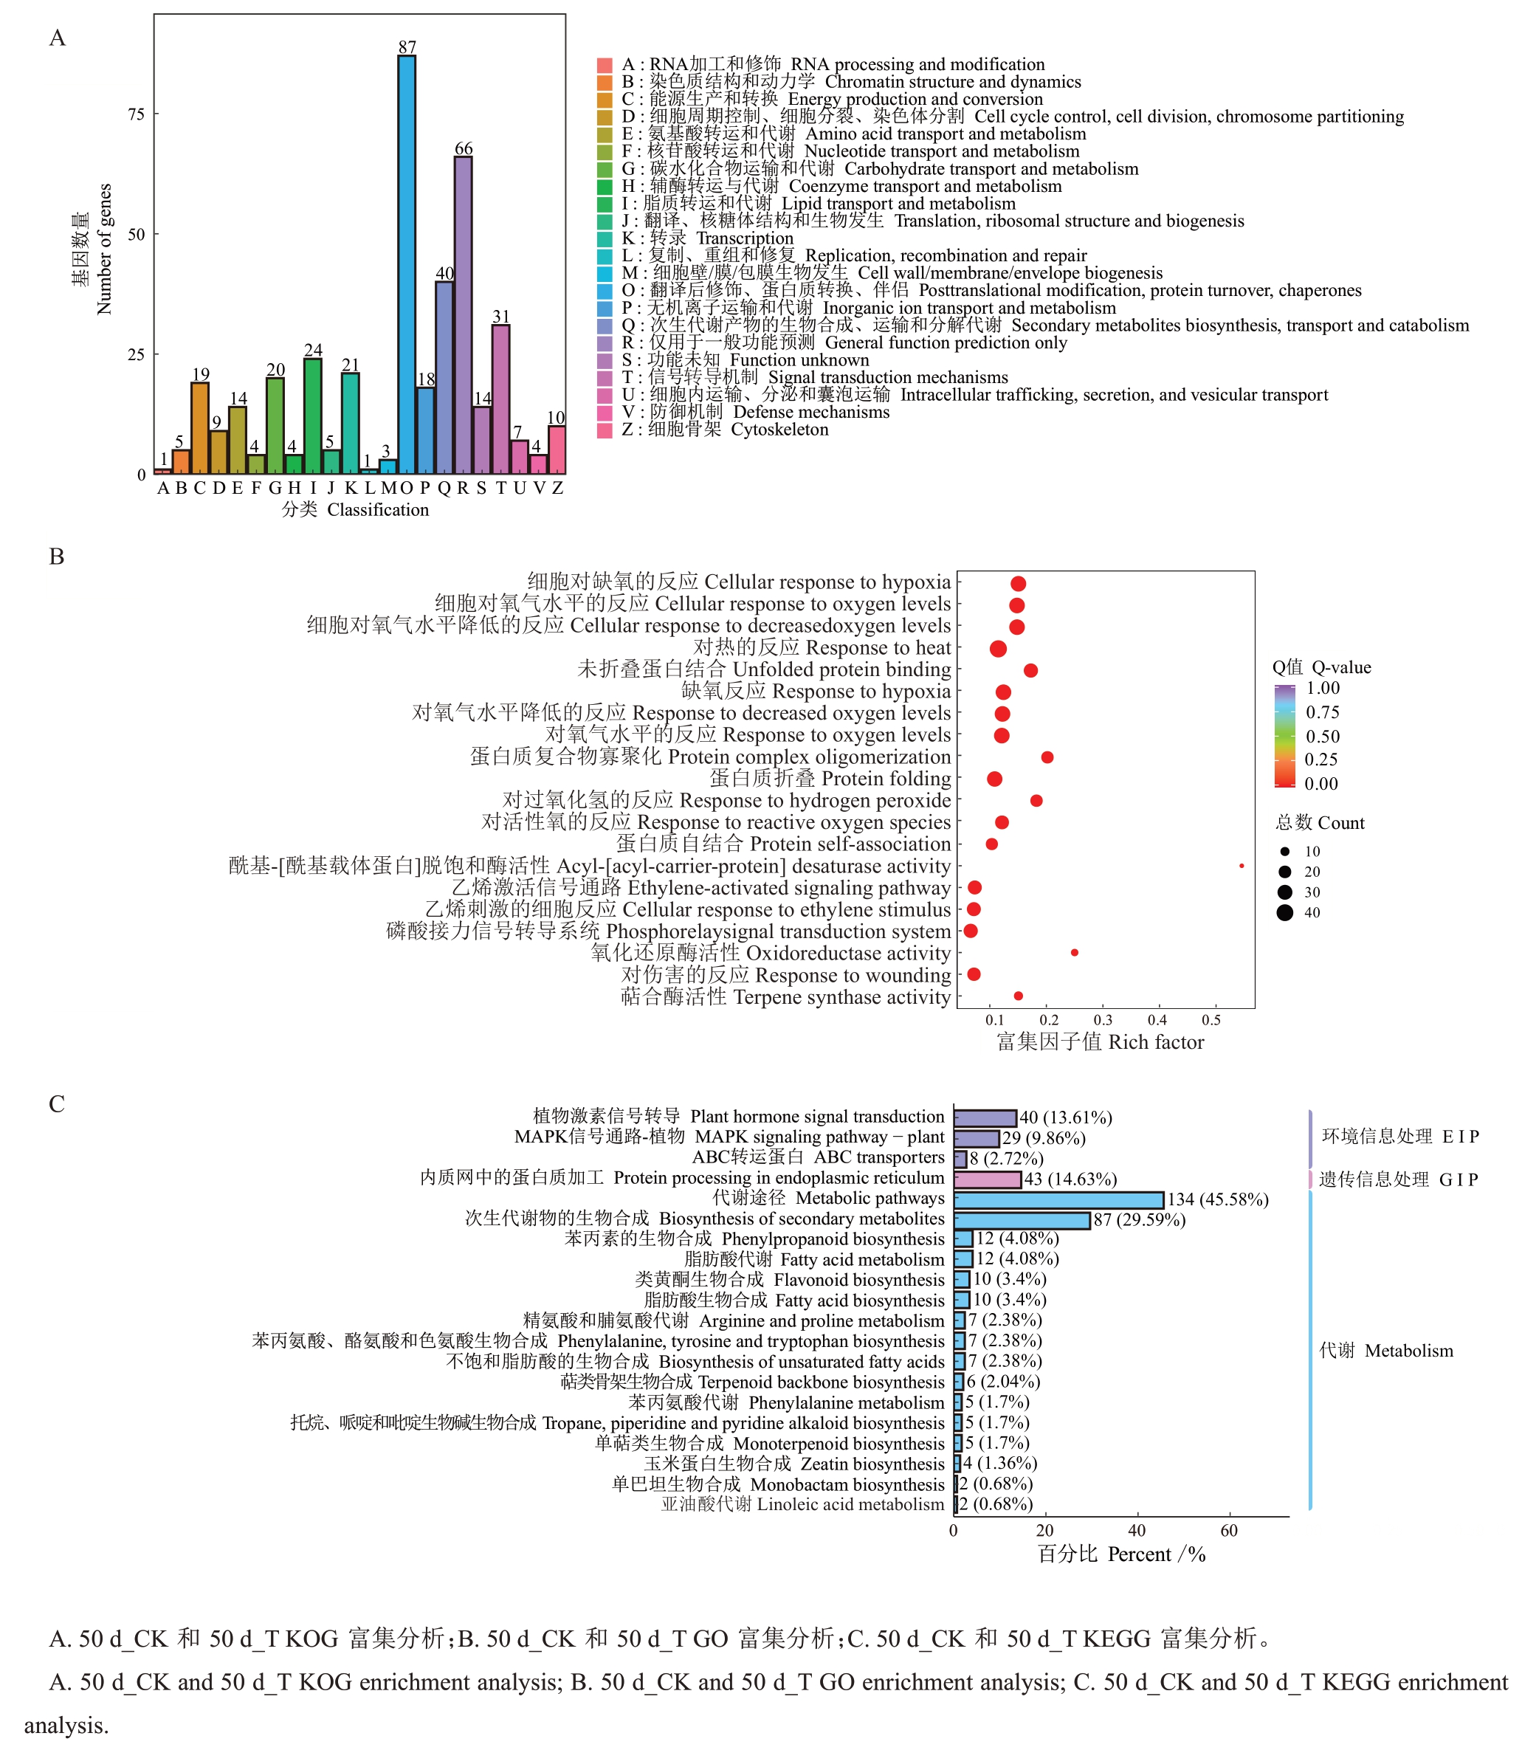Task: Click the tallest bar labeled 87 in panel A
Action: [x=407, y=263]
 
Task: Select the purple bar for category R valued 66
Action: [x=463, y=314]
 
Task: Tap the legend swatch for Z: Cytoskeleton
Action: [x=605, y=430]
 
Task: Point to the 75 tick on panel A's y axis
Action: [x=137, y=114]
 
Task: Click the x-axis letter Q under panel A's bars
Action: [x=444, y=488]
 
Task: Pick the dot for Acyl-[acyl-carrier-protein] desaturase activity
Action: [x=1242, y=866]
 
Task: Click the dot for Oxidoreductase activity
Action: [x=1075, y=953]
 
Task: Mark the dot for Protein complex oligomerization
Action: [x=1047, y=757]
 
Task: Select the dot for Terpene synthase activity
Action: [x=1019, y=996]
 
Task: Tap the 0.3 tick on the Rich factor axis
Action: [x=1103, y=1020]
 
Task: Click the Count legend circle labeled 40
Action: [x=1285, y=913]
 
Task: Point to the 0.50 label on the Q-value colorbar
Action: [x=1323, y=736]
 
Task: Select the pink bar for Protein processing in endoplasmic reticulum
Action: [x=987, y=1179]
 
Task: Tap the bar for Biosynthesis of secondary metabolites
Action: [x=1022, y=1220]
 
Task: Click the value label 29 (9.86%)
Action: [x=1044, y=1139]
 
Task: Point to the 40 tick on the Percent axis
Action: [x=1137, y=1531]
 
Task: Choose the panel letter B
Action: [x=57, y=557]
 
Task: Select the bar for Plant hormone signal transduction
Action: [x=985, y=1118]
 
